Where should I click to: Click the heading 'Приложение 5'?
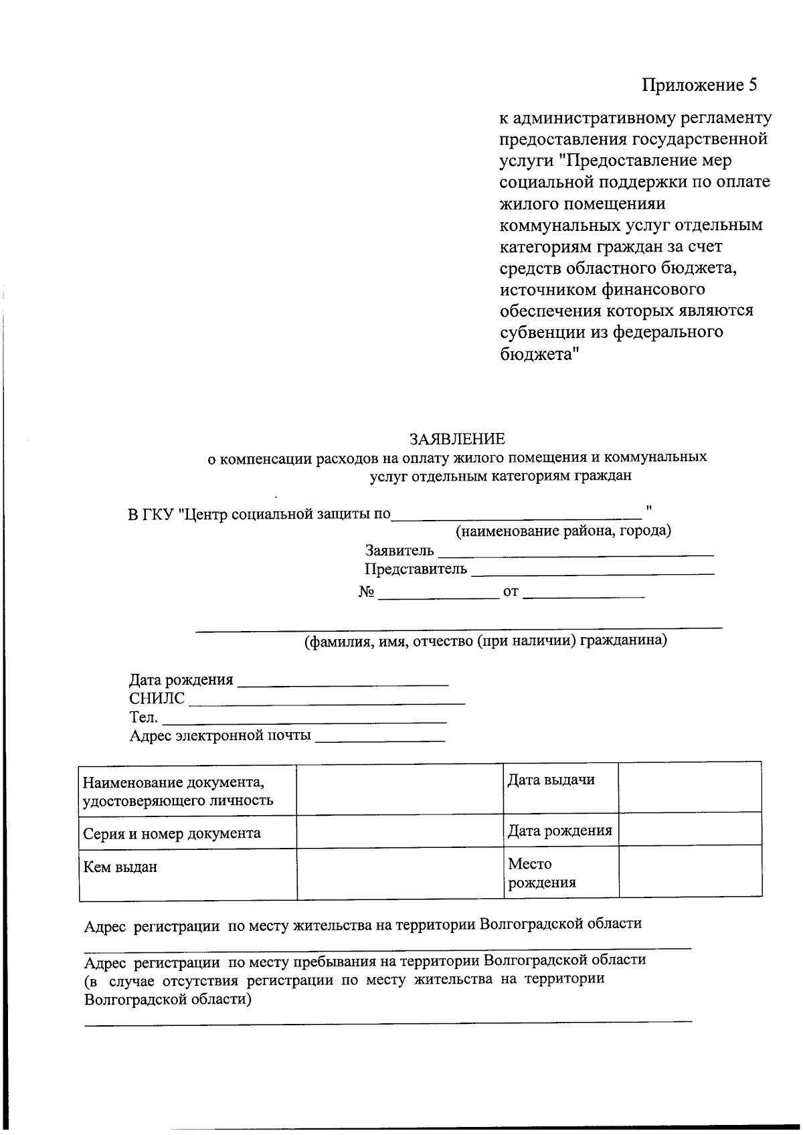tap(699, 85)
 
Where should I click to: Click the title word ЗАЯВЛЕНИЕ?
tap(457, 439)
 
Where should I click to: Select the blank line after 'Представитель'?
tap(592, 571)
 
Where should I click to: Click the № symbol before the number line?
tap(366, 592)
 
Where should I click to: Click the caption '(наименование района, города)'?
tap(563, 531)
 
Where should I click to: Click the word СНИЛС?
tap(157, 699)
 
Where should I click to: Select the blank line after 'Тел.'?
tap(304, 720)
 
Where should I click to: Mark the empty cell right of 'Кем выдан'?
tap(399, 874)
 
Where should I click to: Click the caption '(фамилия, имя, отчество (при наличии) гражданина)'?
tap(486, 641)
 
